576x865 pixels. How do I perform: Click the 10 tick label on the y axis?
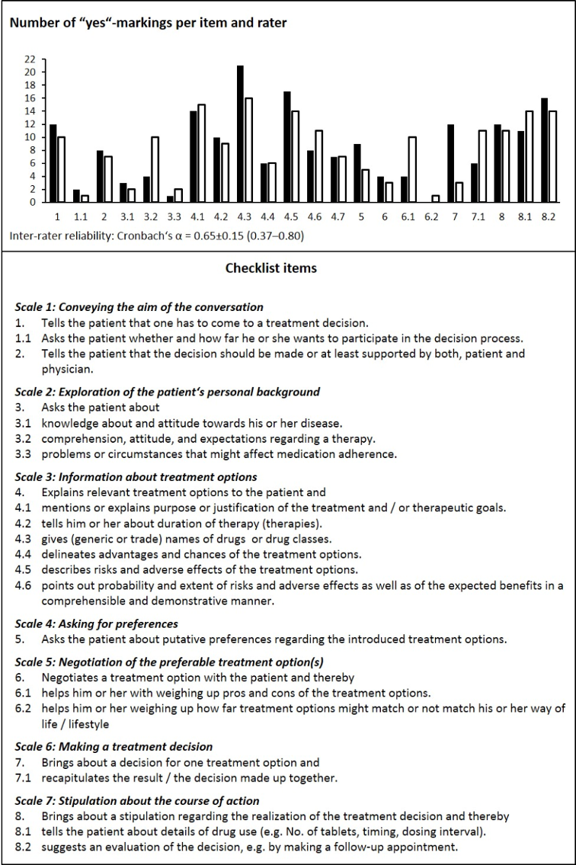[x=30, y=137]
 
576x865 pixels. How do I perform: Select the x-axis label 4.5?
[x=292, y=217]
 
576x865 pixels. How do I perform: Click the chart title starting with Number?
[x=149, y=22]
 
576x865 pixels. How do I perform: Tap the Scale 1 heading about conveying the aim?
[x=139, y=307]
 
